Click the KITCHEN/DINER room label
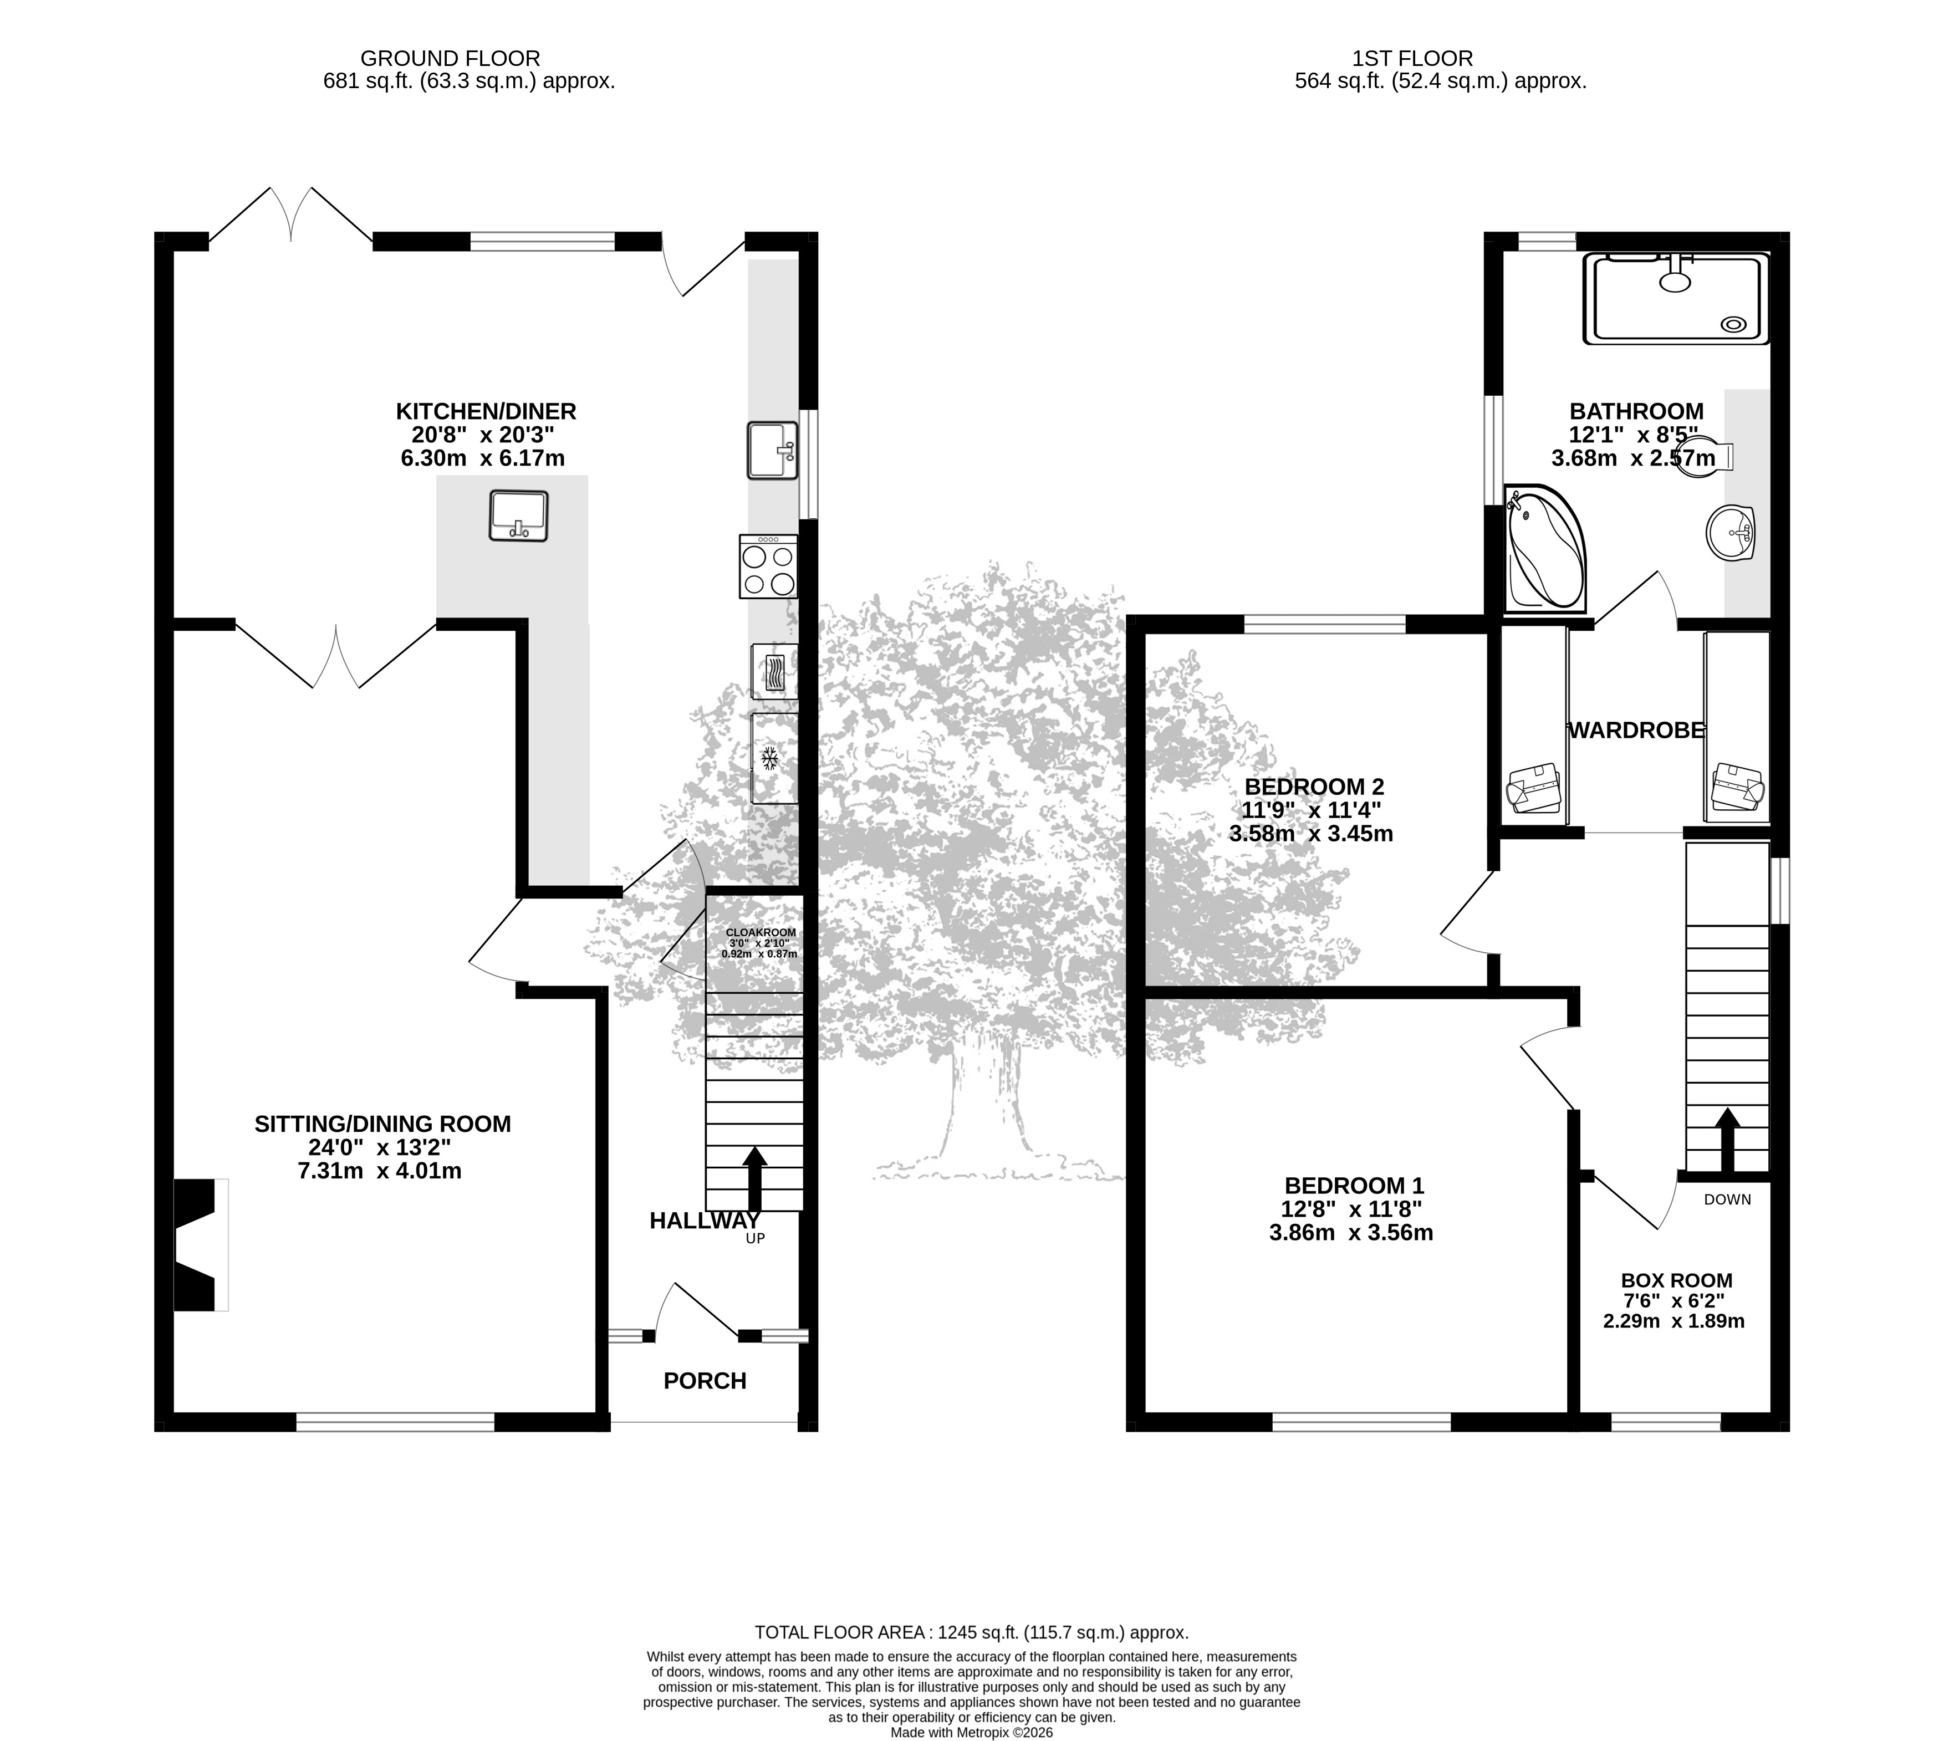tap(486, 411)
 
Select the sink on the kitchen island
tap(518, 517)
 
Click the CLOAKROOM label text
tap(761, 932)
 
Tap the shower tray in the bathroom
tap(1677, 298)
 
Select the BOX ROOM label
tap(1676, 1280)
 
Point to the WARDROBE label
tap(1636, 730)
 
